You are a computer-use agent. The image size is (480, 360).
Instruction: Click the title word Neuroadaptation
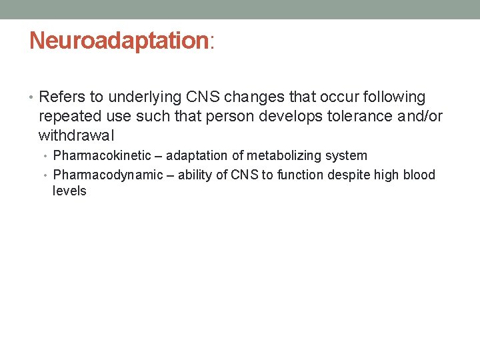(119, 41)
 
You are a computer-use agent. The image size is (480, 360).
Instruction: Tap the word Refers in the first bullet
(61, 97)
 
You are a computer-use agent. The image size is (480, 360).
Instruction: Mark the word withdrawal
(77, 136)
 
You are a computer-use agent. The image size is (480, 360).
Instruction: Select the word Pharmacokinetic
(102, 156)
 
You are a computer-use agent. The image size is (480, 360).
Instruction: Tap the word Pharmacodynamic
(108, 175)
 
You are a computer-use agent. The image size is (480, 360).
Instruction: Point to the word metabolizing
(285, 156)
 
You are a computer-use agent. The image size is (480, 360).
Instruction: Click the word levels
(69, 191)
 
